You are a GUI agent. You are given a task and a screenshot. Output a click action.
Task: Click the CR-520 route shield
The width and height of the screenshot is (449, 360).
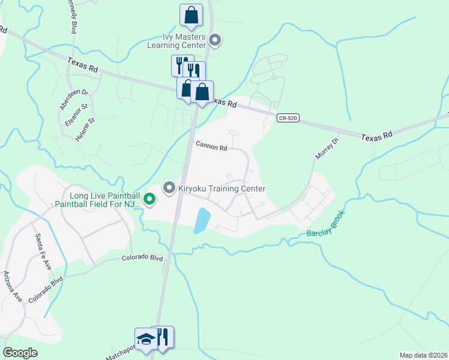click(x=288, y=119)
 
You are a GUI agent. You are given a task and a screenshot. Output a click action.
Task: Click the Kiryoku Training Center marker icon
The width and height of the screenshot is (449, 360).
click(x=169, y=188)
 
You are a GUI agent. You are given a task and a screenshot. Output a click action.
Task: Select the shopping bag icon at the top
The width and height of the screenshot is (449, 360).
click(x=191, y=16)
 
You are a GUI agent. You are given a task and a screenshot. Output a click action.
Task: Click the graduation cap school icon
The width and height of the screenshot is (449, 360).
click(x=146, y=339)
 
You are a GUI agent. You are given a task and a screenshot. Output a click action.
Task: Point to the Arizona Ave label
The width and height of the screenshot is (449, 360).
click(x=13, y=286)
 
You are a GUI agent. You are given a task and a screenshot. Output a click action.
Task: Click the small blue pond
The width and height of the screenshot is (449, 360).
click(x=202, y=221)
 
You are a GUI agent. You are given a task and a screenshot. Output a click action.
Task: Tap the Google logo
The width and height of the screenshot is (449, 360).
click(x=20, y=353)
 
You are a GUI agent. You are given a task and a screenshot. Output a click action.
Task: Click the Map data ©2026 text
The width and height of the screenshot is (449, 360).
click(x=423, y=355)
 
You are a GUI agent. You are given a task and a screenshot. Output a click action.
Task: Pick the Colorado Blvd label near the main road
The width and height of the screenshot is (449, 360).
click(x=142, y=258)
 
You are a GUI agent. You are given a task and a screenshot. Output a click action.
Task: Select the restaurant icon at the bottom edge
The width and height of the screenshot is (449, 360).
click(x=163, y=338)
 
